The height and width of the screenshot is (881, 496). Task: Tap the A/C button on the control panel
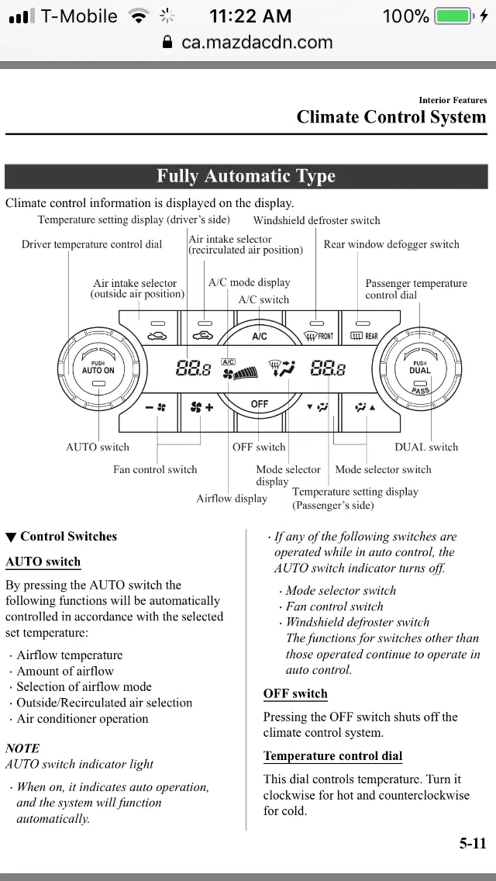coord(260,336)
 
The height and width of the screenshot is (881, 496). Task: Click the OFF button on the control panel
coord(260,404)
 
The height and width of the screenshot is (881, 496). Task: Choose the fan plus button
coord(202,406)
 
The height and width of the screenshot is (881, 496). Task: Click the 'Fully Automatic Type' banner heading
coord(246,176)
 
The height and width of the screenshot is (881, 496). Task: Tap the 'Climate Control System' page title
coord(391,117)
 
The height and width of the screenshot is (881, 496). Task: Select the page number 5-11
coord(472,844)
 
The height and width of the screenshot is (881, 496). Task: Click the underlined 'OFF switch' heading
coord(295,693)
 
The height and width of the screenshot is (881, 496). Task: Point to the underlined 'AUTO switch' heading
coord(43,561)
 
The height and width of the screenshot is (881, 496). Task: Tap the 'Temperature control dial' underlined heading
coord(332,756)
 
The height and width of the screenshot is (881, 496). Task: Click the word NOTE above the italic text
coord(22,748)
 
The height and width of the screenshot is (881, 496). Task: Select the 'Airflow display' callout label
coord(231,499)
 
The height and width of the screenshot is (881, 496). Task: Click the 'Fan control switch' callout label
coord(155,469)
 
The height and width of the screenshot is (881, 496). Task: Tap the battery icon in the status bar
coord(453,16)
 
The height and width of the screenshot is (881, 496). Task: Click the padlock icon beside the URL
coord(167,43)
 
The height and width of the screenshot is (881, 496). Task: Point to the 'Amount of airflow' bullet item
coord(65,671)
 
